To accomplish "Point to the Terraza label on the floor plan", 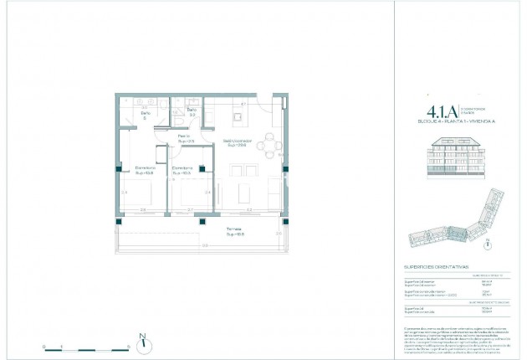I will point(234,231).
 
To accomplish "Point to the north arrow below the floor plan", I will point(144,341).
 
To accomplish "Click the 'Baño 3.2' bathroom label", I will point(191,112).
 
